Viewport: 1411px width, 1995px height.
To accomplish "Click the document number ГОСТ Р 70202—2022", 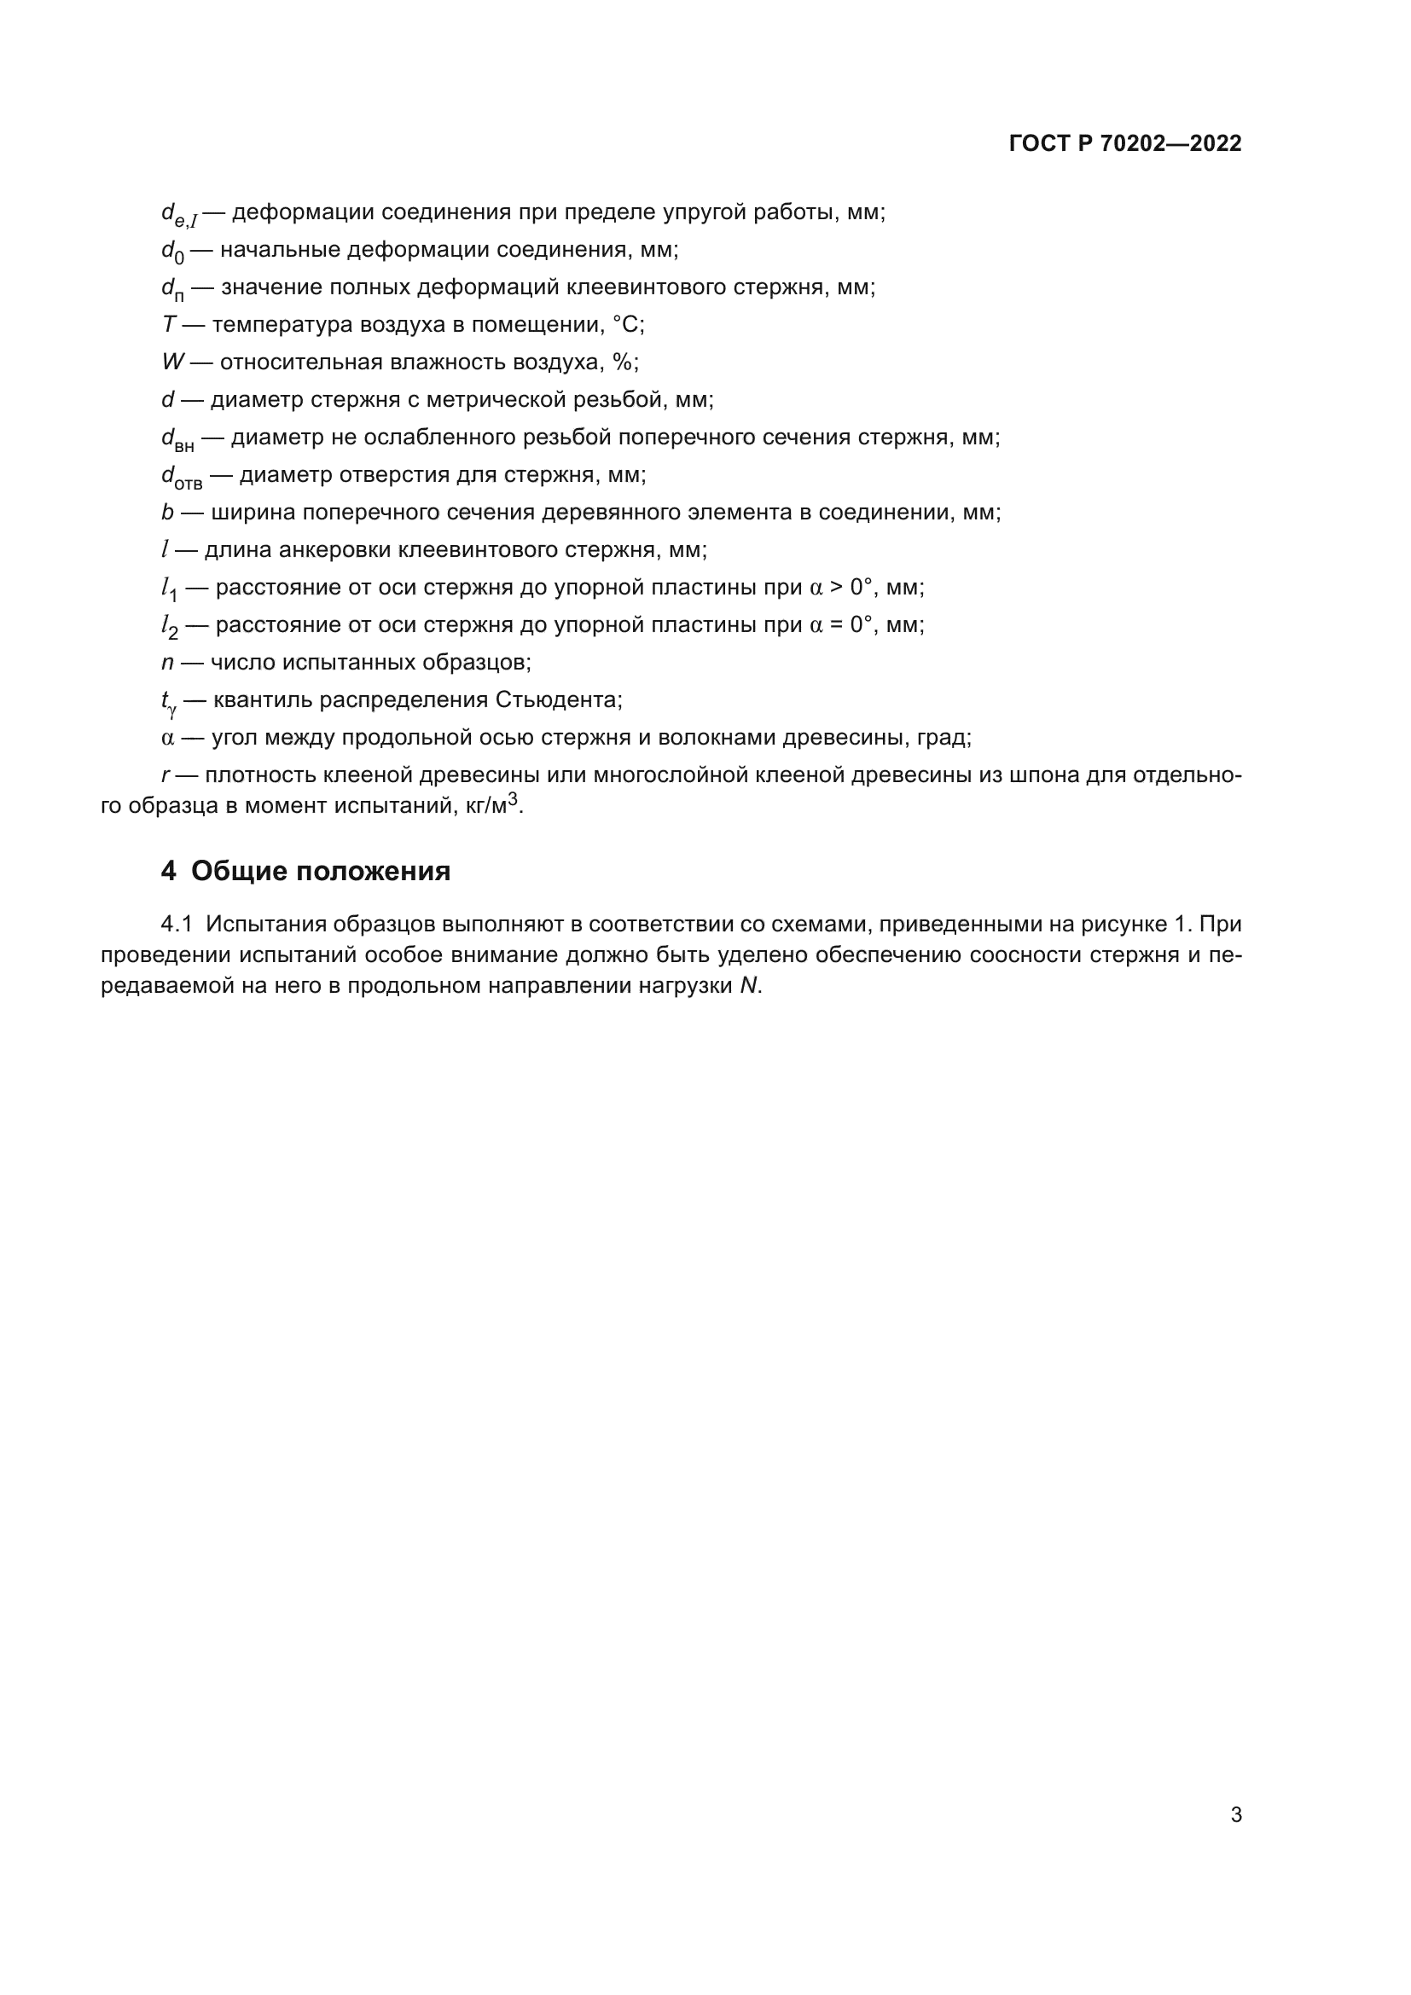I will click(1125, 143).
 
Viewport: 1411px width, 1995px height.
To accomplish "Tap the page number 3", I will click(1235, 1814).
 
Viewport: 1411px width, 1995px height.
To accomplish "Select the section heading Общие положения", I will click(321, 871).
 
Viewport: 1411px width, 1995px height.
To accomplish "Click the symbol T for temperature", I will click(169, 325).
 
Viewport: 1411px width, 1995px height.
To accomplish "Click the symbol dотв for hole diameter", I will click(181, 477).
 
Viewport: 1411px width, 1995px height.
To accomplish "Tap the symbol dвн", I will click(177, 439).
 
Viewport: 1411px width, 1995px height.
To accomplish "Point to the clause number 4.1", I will click(178, 924).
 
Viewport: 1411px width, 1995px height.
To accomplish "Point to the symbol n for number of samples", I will click(168, 663).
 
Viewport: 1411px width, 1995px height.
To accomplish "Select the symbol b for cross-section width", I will click(168, 513).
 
